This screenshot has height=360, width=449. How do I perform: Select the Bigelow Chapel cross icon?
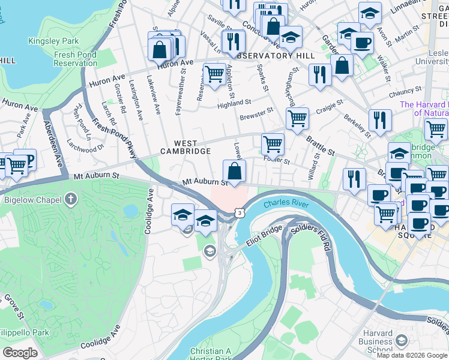tap(71, 199)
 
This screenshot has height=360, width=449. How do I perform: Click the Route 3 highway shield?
tap(240, 212)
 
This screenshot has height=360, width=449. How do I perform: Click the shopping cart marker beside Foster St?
tap(273, 143)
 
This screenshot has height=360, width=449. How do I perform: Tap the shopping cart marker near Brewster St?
tap(297, 118)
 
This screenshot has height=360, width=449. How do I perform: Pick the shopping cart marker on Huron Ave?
tap(214, 74)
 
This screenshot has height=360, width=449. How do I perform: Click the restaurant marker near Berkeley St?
tap(379, 120)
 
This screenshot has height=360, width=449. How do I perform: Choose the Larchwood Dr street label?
tap(85, 145)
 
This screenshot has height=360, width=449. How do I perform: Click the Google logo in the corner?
tap(20, 353)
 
